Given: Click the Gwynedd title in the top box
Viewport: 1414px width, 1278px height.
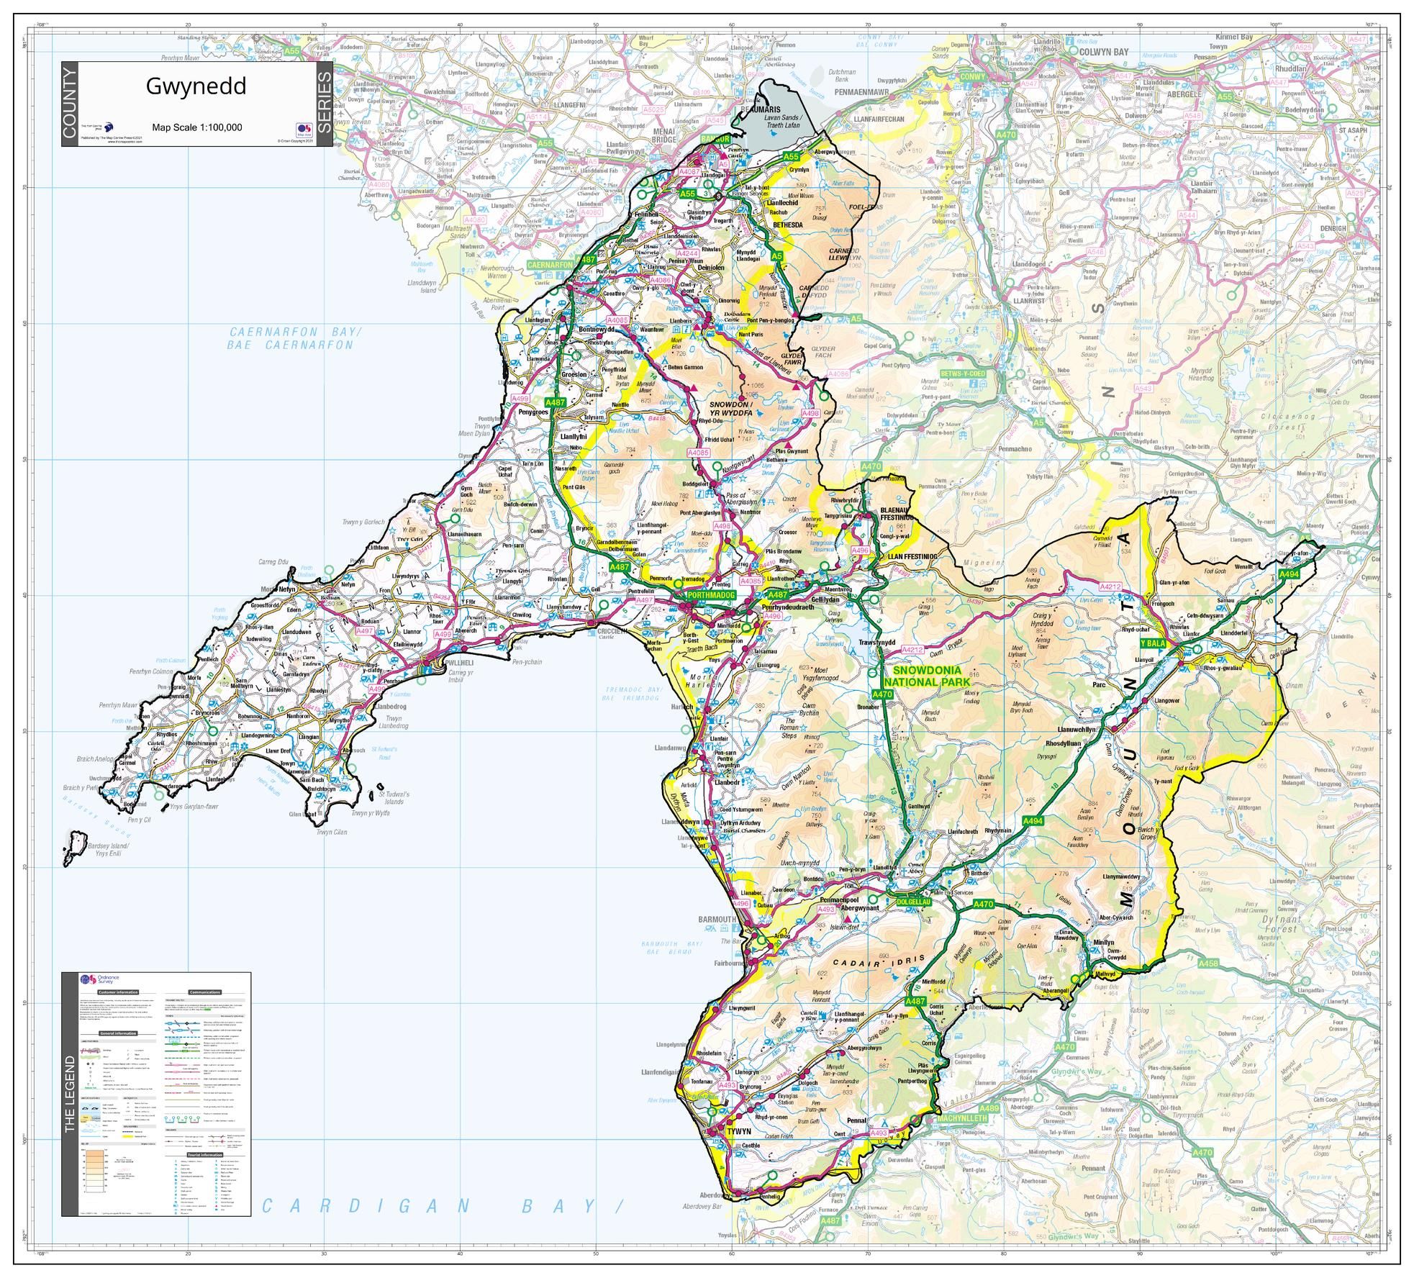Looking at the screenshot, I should [196, 86].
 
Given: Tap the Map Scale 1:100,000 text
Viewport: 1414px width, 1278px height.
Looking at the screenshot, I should [196, 128].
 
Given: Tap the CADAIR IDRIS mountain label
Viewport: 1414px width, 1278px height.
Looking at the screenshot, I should [866, 963].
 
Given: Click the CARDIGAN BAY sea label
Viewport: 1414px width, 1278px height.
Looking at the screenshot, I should [439, 1206].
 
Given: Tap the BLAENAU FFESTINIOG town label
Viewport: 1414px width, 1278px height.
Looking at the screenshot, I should [896, 513].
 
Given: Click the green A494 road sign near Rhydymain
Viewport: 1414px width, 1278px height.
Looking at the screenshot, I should [1032, 821].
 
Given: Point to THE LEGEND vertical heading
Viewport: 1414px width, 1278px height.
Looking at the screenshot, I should [70, 1094].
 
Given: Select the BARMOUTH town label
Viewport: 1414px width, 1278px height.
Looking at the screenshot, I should [717, 919].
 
